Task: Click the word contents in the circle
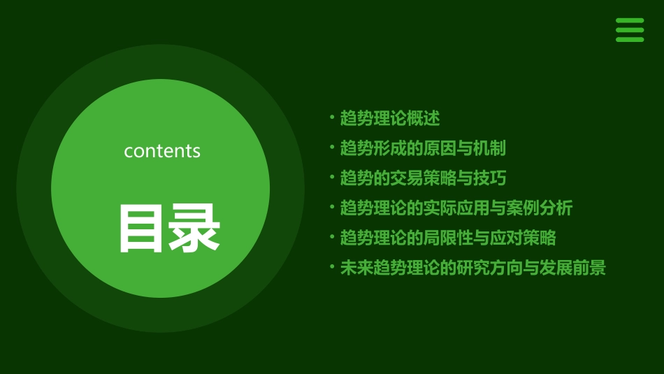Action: click(x=162, y=151)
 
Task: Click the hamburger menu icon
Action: click(x=629, y=30)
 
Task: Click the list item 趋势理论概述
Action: click(x=389, y=118)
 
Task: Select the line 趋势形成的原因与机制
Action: click(x=422, y=148)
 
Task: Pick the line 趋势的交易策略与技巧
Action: click(x=422, y=178)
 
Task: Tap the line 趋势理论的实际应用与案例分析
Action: click(x=456, y=208)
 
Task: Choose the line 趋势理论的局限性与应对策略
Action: click(x=447, y=238)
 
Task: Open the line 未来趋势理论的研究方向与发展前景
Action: click(x=472, y=268)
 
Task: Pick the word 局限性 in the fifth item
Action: click(x=447, y=238)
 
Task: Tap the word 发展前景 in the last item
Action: click(x=572, y=268)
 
